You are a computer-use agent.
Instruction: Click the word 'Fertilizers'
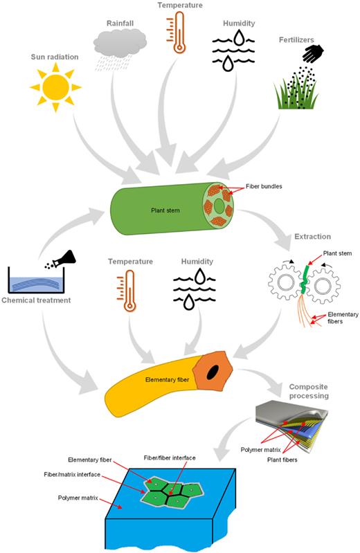click(295, 40)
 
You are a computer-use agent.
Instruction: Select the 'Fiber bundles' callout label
click(264, 187)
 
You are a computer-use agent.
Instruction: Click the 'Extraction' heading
click(316, 237)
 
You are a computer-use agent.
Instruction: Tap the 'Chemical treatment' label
click(41, 299)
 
